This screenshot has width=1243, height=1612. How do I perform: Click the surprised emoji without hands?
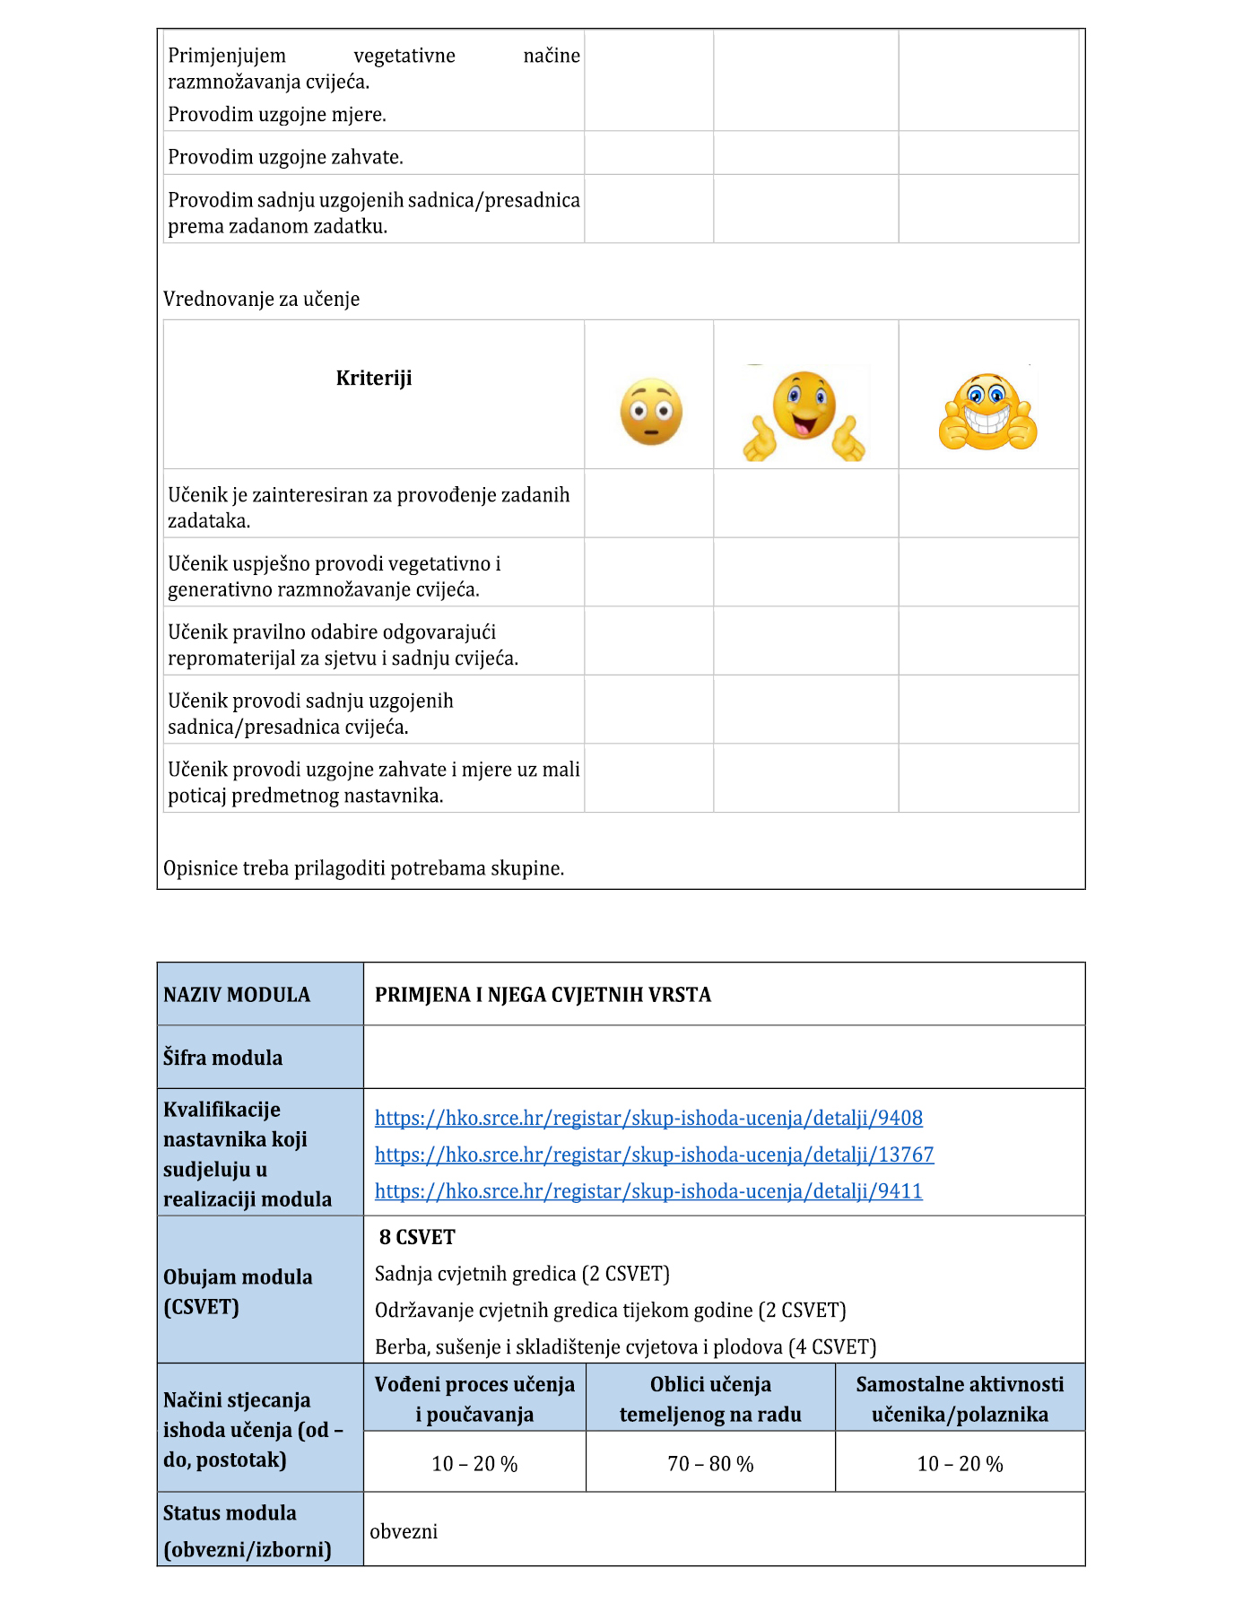click(x=651, y=412)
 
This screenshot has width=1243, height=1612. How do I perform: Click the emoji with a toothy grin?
click(x=987, y=413)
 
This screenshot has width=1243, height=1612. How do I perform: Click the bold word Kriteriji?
click(x=374, y=378)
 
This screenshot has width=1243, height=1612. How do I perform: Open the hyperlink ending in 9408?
click(x=648, y=1118)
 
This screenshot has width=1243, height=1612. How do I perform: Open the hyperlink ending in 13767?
click(x=654, y=1155)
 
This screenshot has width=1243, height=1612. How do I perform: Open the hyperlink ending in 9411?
click(x=648, y=1191)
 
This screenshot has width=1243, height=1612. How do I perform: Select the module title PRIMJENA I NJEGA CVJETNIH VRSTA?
click(x=543, y=995)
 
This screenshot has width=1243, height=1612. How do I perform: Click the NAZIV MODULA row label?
click(x=237, y=995)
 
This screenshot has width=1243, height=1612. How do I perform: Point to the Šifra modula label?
click(x=222, y=1058)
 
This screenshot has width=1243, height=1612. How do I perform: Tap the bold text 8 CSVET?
click(x=417, y=1237)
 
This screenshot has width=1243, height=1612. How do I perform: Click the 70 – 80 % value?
click(x=710, y=1464)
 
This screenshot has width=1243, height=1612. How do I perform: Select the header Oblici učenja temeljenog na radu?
click(x=710, y=1399)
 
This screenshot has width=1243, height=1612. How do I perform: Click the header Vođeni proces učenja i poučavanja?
click(x=474, y=1399)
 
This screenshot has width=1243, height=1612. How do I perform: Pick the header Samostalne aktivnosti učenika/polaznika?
click(x=960, y=1399)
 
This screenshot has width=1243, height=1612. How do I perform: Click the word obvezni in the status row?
click(x=404, y=1531)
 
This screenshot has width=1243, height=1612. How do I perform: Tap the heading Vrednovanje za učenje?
click(x=261, y=299)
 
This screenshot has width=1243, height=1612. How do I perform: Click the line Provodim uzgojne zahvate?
click(x=285, y=157)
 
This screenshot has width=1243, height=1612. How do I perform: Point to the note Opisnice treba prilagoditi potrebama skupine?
click(x=363, y=868)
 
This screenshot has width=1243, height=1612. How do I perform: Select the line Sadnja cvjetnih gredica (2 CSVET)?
click(x=522, y=1274)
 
